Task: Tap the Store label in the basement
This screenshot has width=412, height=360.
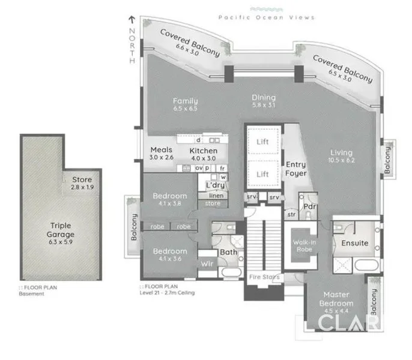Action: pos(82,180)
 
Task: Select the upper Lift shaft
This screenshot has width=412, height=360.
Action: pos(262,142)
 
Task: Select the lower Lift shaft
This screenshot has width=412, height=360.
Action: pos(262,173)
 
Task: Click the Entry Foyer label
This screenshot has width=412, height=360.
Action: pos(295,169)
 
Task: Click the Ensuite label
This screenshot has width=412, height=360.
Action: pos(354,244)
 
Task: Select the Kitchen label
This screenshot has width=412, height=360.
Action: pos(203,150)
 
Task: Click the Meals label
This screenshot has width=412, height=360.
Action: pos(161,150)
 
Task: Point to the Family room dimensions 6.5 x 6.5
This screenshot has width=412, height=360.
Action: pos(186,109)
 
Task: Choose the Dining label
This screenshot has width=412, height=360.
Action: pos(264,98)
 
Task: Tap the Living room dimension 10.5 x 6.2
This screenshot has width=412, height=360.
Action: pos(341,161)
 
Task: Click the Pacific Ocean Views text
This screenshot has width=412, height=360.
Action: pos(275,18)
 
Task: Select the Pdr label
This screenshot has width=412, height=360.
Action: pos(311,207)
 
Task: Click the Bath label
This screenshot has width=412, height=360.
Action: pos(228,252)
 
